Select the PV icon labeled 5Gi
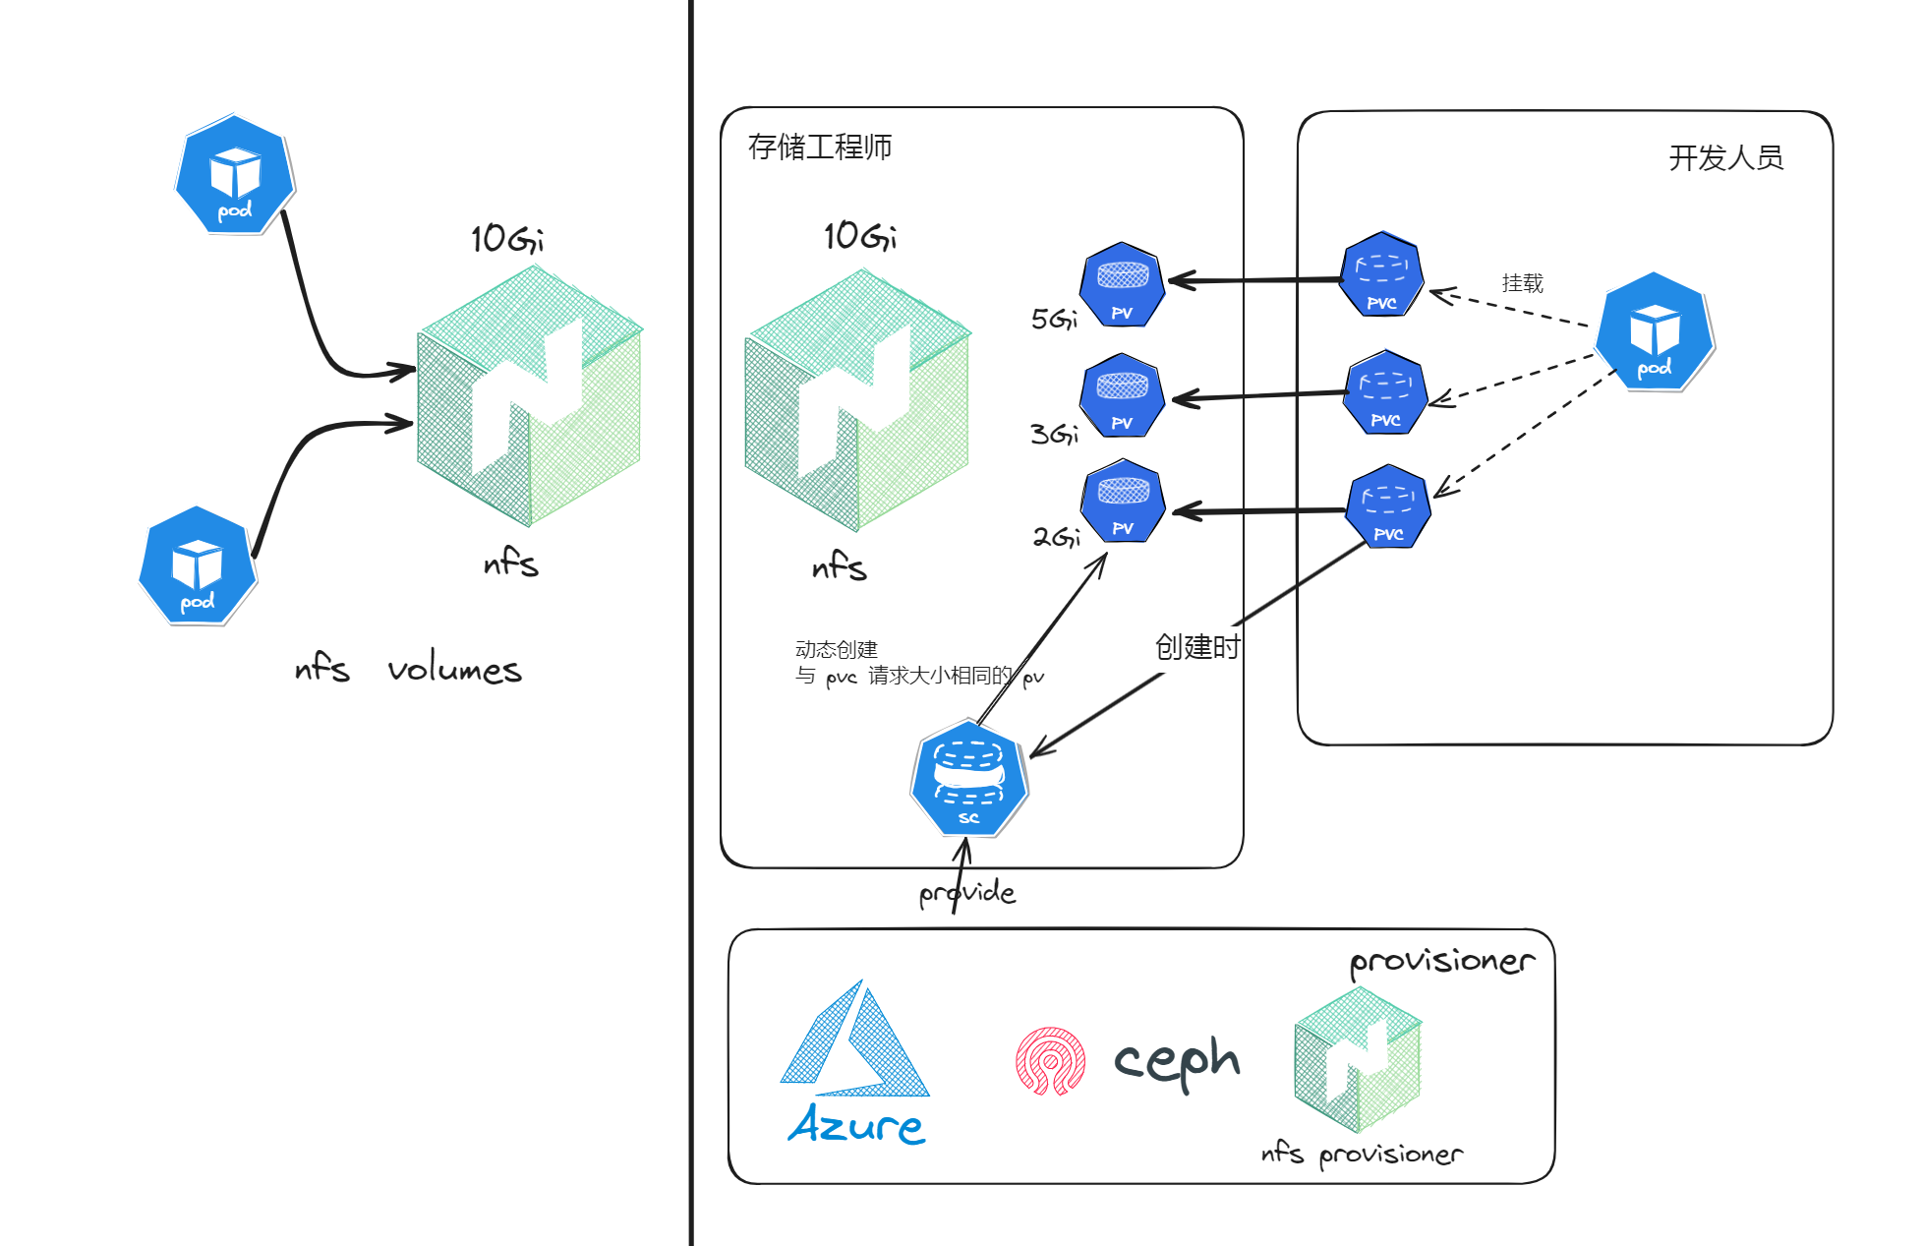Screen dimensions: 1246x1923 (1122, 285)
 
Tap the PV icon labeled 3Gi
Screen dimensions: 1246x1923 (1122, 395)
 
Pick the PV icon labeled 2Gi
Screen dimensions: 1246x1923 (1123, 502)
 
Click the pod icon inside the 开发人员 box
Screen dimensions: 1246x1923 (1655, 332)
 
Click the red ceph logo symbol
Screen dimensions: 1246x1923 (1050, 1061)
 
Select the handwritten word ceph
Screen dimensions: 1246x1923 (1177, 1061)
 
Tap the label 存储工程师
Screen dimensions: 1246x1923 (820, 148)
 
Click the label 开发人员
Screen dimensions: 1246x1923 (1725, 158)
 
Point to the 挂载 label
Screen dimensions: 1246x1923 (1522, 283)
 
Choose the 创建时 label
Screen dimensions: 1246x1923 (1196, 647)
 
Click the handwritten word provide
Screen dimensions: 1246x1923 (967, 893)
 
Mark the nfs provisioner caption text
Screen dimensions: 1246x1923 (1362, 1154)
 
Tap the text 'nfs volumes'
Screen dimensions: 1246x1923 (408, 670)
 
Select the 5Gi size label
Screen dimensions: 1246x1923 (1054, 319)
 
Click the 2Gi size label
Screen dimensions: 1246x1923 (1056, 537)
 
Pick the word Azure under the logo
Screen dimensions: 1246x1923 (856, 1125)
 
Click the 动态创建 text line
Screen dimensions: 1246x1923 (836, 649)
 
